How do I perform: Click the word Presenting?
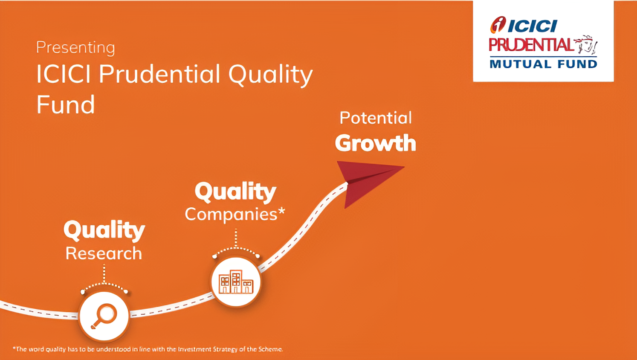pyautogui.click(x=75, y=47)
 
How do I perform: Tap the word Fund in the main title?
pyautogui.click(x=66, y=105)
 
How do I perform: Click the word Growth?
pyautogui.click(x=375, y=143)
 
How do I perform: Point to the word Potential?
pyautogui.click(x=376, y=118)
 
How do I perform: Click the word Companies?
pyautogui.click(x=231, y=214)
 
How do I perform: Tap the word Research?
pyautogui.click(x=104, y=253)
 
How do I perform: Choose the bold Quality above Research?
pyautogui.click(x=104, y=230)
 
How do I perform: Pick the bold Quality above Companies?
pyautogui.click(x=235, y=192)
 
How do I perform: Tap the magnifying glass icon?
pyautogui.click(x=104, y=316)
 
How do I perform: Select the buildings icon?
pyautogui.click(x=236, y=282)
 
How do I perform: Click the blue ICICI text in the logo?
pyautogui.click(x=533, y=26)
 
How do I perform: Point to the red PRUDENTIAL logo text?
pyautogui.click(x=531, y=45)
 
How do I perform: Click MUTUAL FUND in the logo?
pyautogui.click(x=543, y=64)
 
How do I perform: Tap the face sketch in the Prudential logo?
pyautogui.click(x=586, y=45)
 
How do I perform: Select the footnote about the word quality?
pyautogui.click(x=148, y=349)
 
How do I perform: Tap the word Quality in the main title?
pyautogui.click(x=271, y=75)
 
